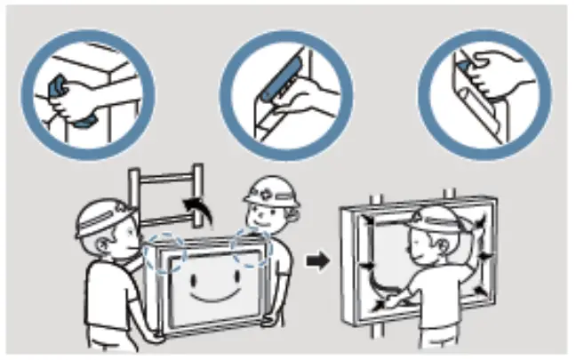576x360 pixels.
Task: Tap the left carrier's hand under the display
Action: click(x=158, y=335)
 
